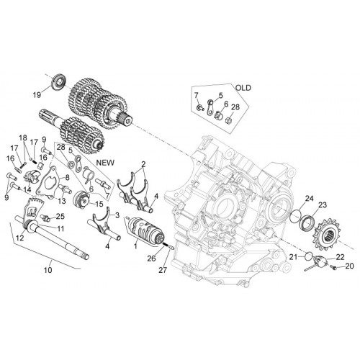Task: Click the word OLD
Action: point(243,88)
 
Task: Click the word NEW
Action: point(105,163)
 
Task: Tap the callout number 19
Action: point(37,95)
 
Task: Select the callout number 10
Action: point(48,270)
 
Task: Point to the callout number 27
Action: point(163,270)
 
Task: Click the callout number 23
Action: point(323,205)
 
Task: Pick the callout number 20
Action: point(350,266)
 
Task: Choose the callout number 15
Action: point(99,204)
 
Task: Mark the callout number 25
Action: point(60,216)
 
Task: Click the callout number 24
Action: point(310,199)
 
